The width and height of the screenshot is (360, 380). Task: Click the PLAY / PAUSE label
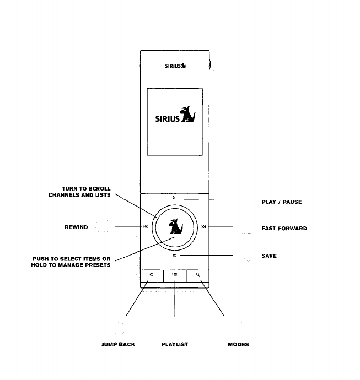281,202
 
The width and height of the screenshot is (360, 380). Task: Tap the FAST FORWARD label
284,228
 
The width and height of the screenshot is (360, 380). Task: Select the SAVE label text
268,256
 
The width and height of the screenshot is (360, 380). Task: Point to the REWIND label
76,227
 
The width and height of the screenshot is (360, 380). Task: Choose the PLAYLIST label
174,344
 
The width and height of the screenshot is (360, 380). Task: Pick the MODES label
238,344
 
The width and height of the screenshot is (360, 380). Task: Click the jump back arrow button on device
151,275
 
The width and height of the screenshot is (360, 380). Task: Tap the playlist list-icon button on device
174,275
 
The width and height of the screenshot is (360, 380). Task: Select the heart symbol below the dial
175,256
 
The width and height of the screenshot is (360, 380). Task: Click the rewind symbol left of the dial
145,226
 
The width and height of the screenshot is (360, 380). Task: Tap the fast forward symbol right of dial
204,226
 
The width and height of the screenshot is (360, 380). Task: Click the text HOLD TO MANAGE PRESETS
71,266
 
